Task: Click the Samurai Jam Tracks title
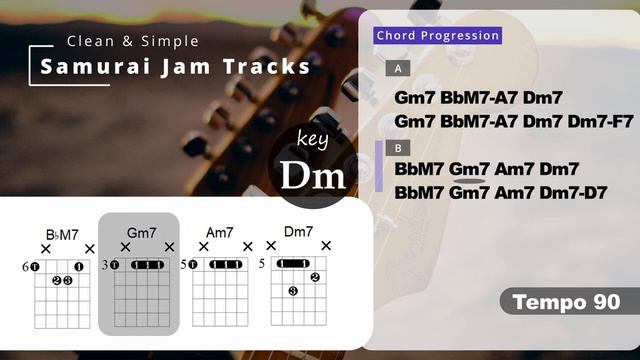[x=175, y=67]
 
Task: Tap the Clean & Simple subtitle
[x=132, y=41]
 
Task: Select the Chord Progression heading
[x=437, y=36]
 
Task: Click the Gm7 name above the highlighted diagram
[x=141, y=232]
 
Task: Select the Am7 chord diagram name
[x=220, y=232]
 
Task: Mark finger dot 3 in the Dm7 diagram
[x=294, y=291]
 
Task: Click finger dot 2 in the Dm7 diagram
[x=315, y=277]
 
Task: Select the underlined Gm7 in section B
[x=469, y=169]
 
